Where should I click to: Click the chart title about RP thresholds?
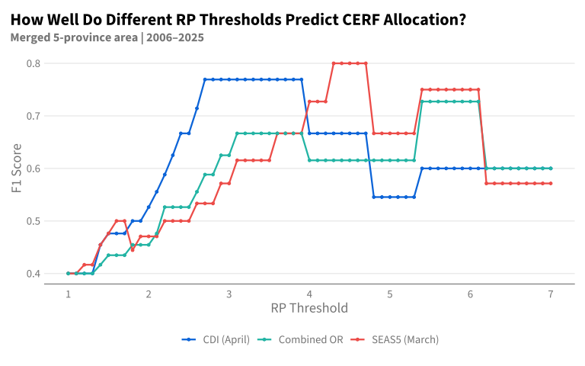coord(238,19)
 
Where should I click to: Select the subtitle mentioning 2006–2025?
coord(107,37)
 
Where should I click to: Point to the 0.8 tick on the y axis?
coord(34,63)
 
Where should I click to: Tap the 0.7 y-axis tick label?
coord(34,116)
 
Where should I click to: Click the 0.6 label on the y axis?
coord(34,169)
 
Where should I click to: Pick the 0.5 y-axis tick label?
coord(34,221)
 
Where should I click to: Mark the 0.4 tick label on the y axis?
coord(34,274)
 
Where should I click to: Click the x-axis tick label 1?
coord(69,294)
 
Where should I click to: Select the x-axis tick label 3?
coord(229,294)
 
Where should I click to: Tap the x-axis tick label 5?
coord(390,294)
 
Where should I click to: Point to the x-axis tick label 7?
coord(551,294)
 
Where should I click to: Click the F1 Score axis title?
coord(17,169)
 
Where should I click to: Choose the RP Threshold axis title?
coord(309,308)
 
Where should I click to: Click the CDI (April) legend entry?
coord(216,339)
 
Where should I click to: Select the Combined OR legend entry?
coord(300,339)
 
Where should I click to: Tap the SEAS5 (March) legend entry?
coord(395,339)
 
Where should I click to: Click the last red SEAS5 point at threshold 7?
coord(551,183)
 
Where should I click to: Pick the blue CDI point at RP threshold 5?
coord(390,197)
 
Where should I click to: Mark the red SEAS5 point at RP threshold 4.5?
coord(350,63)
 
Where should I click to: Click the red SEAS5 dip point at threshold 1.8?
coord(133,250)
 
